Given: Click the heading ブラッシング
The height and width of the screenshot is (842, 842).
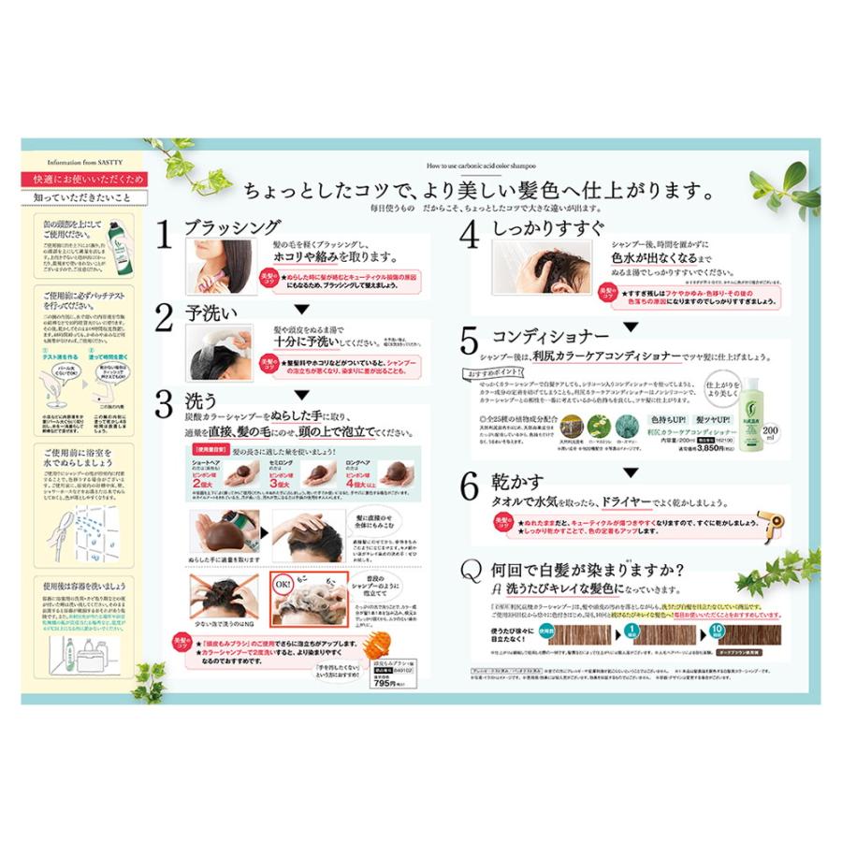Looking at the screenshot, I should pos(231,228).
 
